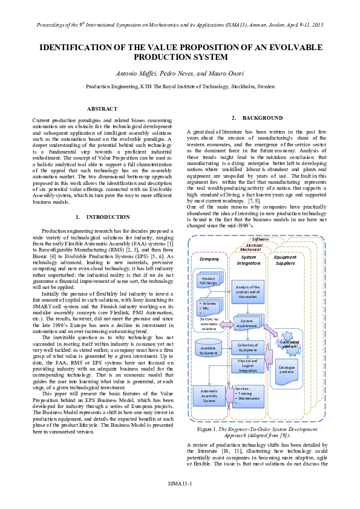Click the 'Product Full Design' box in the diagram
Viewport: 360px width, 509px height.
pyautogui.click(x=208, y=281)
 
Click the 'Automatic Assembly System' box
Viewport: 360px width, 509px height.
pyautogui.click(x=208, y=396)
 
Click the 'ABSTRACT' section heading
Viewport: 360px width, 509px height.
pyautogui.click(x=102, y=108)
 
